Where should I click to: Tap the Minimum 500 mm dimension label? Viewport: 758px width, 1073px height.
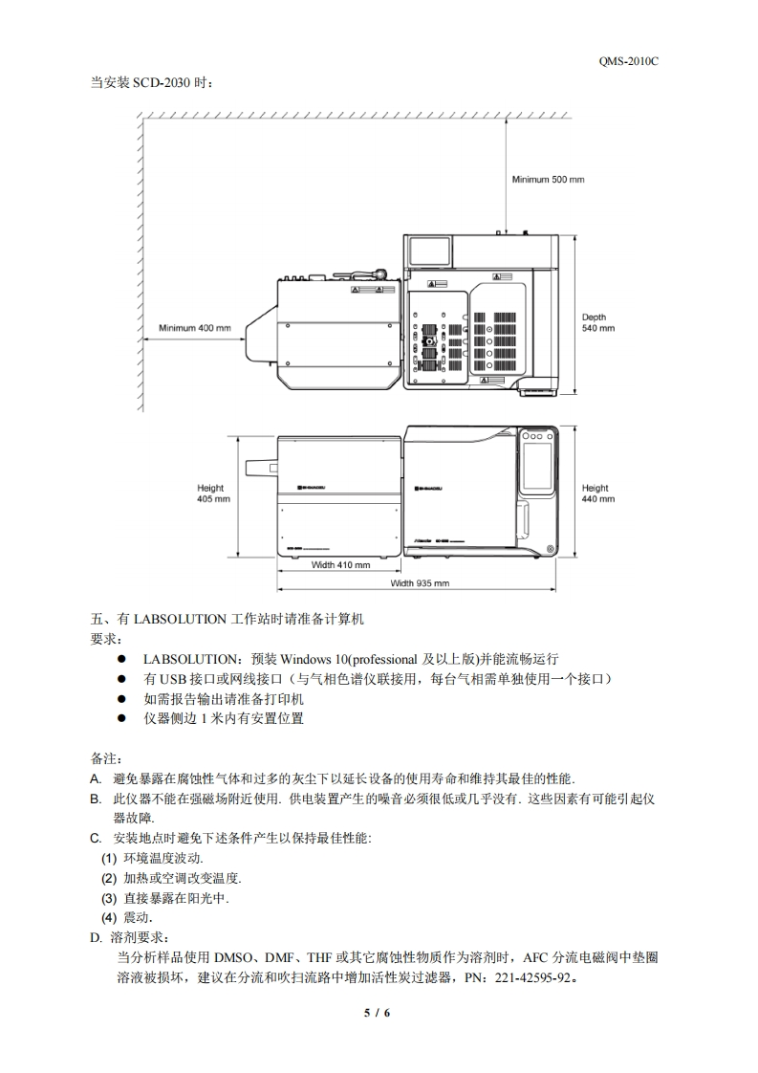(x=548, y=179)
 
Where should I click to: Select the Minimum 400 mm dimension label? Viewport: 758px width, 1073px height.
(x=195, y=328)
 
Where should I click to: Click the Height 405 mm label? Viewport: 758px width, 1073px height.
(x=211, y=493)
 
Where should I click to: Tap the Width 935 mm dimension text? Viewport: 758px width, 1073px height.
(x=420, y=582)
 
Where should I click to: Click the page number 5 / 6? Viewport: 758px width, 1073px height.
(x=379, y=1012)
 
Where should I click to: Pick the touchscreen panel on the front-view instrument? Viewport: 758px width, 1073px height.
(x=537, y=464)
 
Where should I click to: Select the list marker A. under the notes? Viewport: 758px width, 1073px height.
(x=96, y=778)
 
